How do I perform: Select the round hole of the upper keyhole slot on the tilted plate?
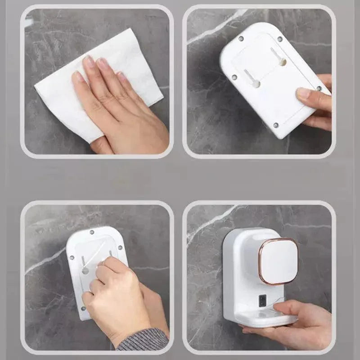coord(283,62)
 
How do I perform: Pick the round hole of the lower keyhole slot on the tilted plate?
coord(256,84)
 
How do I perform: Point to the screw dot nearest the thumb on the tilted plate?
coord(319,88)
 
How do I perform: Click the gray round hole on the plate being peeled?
coord(85,270)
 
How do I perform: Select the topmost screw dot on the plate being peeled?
coord(91,232)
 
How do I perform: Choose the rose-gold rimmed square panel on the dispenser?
coord(278,261)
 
